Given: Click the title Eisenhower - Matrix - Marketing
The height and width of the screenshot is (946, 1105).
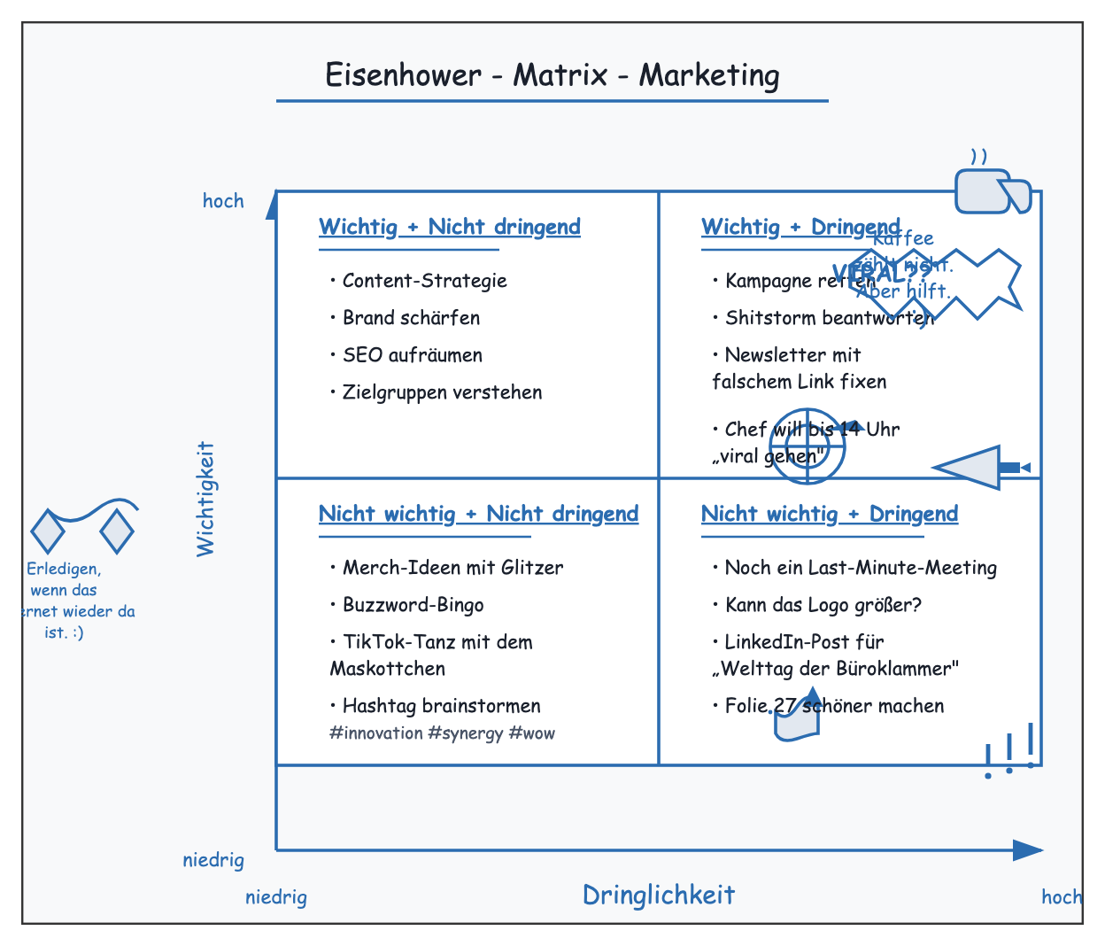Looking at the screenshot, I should point(552,75).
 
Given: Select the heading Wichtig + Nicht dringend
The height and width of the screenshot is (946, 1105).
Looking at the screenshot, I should point(450,227).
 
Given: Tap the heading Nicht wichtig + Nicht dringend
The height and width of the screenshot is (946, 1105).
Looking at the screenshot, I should point(478,514).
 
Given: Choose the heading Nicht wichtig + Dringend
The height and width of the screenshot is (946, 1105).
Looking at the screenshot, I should point(830,514).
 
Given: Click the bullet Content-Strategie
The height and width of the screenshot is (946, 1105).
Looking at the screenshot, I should point(424,281).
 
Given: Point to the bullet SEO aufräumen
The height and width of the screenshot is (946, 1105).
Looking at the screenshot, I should point(412,355).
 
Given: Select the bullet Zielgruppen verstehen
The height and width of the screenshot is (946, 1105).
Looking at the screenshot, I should point(442,392).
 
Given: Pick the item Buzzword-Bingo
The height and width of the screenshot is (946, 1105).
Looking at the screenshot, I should point(413,605).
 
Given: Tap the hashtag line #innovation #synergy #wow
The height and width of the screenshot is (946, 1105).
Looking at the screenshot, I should point(442,733).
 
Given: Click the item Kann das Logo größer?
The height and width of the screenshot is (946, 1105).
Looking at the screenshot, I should point(823,605).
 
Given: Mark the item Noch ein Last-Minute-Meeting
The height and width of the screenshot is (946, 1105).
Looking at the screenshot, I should point(860,568).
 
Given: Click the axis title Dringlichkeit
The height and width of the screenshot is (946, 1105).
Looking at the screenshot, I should point(659,895).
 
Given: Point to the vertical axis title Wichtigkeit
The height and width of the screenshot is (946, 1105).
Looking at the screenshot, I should point(205,499).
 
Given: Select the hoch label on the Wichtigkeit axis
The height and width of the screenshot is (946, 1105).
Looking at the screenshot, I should point(223,201).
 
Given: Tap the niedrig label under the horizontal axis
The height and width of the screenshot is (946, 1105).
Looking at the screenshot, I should point(276,897).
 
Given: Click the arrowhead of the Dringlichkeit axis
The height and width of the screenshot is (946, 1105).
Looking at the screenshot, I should point(1029,850).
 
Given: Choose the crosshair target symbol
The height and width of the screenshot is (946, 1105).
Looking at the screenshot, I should point(807,446).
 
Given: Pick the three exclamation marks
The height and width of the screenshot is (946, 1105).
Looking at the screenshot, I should point(1010,751).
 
